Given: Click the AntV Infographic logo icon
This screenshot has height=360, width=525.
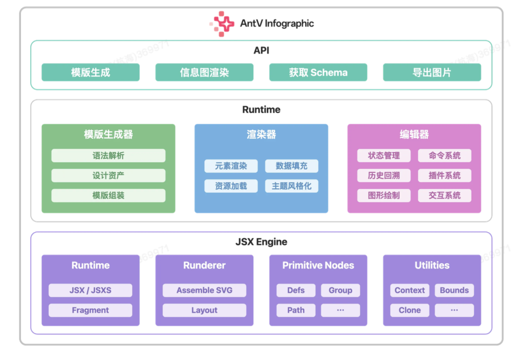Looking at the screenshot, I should tap(221, 23).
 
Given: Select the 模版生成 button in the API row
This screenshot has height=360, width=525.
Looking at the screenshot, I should tap(90, 72).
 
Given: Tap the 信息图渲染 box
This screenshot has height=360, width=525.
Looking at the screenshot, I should tap(204, 72).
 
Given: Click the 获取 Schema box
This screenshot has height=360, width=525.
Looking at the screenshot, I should tap(318, 72).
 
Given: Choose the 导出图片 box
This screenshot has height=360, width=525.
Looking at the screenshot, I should tap(432, 72).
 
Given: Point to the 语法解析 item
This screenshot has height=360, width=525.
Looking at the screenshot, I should tap(108, 156).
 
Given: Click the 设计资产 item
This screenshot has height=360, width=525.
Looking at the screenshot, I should tap(108, 176).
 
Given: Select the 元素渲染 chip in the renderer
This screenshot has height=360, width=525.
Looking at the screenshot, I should tap(231, 166).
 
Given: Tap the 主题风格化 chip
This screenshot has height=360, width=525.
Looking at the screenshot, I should tap(292, 186).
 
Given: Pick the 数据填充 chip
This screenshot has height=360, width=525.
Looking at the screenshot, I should tap(292, 166).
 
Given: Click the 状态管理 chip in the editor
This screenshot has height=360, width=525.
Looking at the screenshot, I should tap(384, 156).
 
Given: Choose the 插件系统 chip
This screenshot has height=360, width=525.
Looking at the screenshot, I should tap(444, 176).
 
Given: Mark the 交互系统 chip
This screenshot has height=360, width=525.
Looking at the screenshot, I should tap(444, 196).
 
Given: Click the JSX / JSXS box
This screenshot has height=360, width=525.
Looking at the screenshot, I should tap(90, 290).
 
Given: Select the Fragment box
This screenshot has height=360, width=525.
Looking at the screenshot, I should tap(90, 310).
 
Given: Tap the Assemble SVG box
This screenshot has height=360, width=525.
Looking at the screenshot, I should tap(204, 290).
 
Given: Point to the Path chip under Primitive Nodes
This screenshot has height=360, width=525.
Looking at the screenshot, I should tap(296, 310).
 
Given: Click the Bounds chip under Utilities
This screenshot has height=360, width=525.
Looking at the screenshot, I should tap(454, 290).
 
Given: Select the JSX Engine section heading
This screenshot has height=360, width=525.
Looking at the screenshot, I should tap(262, 242).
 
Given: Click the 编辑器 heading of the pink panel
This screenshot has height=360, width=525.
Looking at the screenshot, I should tap(414, 135).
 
